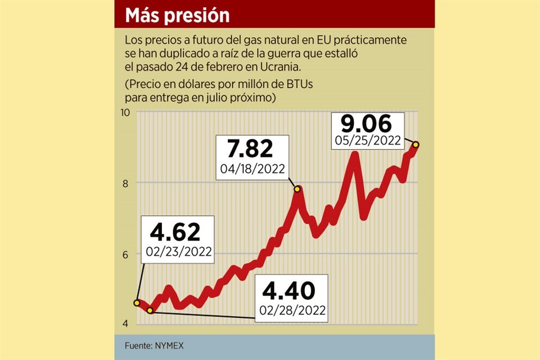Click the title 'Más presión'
177,15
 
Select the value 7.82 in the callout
251,149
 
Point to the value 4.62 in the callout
179,231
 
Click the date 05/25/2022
367,140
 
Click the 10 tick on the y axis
125,112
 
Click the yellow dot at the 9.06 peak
416,145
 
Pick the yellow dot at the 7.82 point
297,189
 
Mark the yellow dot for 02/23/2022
137,303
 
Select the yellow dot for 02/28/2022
150,310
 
